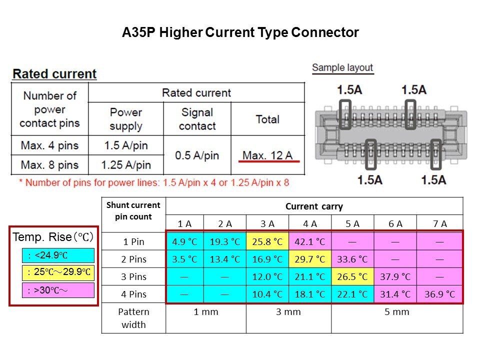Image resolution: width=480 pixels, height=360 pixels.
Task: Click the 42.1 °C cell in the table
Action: (x=310, y=241)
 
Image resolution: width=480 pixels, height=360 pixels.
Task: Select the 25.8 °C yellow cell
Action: (x=267, y=241)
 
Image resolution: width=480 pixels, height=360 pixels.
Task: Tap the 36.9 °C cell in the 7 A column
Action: (x=439, y=294)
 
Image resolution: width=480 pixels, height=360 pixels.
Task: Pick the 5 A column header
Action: (x=352, y=224)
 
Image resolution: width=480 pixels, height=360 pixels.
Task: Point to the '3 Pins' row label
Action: (x=134, y=276)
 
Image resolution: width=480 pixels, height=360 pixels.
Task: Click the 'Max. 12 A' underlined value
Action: (x=267, y=155)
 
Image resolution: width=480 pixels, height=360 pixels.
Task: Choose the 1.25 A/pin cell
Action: (x=126, y=165)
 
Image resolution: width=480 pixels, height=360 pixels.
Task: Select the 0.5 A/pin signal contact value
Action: (x=197, y=155)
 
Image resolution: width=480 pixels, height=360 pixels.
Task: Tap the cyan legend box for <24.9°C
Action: (x=58, y=255)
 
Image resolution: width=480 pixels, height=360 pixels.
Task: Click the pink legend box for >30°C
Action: (x=58, y=290)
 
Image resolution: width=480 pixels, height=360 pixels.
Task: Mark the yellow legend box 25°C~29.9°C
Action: (x=58, y=272)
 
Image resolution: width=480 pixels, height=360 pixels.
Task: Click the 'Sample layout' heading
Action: (x=342, y=67)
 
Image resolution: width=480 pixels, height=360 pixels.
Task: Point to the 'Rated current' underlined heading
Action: (x=54, y=74)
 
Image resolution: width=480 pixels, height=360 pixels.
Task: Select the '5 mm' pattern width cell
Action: (x=397, y=311)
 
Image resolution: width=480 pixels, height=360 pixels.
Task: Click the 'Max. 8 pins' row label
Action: (x=49, y=165)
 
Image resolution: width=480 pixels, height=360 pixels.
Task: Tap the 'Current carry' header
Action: (x=314, y=206)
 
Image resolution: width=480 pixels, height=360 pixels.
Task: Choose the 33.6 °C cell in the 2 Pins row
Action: (x=352, y=259)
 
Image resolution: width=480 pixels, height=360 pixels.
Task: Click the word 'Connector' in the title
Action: (x=325, y=32)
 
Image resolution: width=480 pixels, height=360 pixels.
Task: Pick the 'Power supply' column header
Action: (x=126, y=119)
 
